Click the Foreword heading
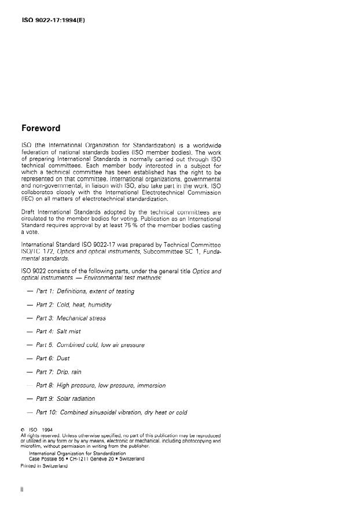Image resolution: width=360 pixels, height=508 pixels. point(41,128)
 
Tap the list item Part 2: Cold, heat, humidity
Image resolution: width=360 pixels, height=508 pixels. point(74,305)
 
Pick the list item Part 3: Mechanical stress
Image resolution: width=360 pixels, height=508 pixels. point(71,318)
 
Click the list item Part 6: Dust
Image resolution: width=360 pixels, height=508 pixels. point(53,359)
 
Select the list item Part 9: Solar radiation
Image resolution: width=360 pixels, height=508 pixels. point(65,399)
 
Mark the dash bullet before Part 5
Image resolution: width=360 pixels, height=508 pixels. point(30,345)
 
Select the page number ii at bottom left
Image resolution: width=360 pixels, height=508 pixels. point(21,489)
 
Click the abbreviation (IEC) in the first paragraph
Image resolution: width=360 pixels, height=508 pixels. point(28,199)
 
